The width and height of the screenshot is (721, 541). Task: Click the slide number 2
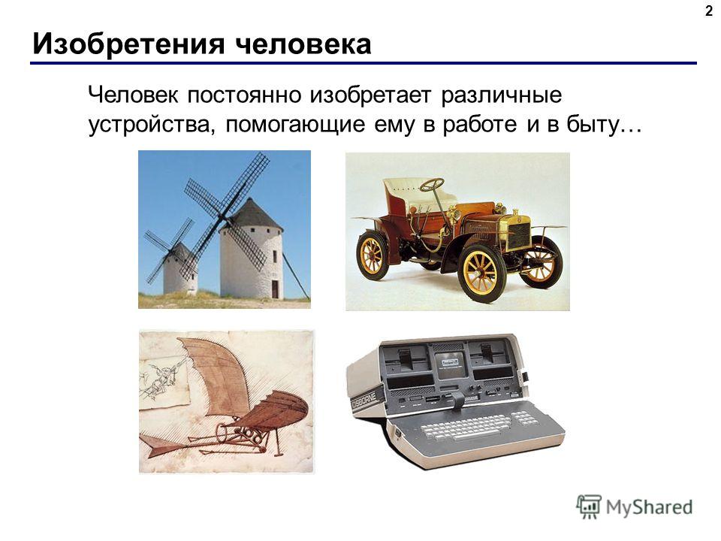(708, 11)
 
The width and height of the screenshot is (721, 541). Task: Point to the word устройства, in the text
(151, 125)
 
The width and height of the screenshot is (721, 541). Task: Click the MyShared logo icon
(589, 507)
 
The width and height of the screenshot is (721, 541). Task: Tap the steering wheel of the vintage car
(432, 185)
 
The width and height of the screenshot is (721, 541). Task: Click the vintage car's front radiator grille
(520, 235)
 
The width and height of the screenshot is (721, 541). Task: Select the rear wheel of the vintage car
(373, 255)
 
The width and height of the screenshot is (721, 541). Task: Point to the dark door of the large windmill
(275, 289)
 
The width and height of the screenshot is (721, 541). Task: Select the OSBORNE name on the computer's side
(364, 400)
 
